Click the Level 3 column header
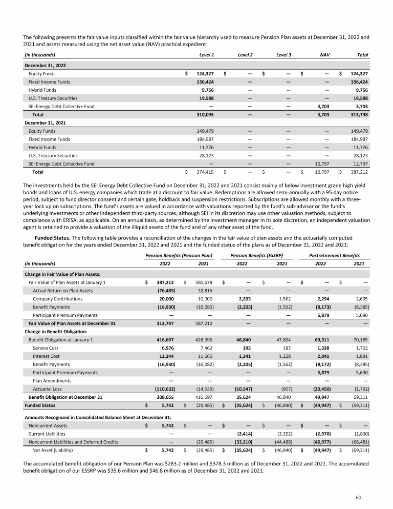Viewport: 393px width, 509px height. click(x=283, y=54)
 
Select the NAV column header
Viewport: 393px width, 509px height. click(x=324, y=54)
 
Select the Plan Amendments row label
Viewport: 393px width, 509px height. click(x=51, y=381)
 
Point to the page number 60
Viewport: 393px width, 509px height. click(x=365, y=497)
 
